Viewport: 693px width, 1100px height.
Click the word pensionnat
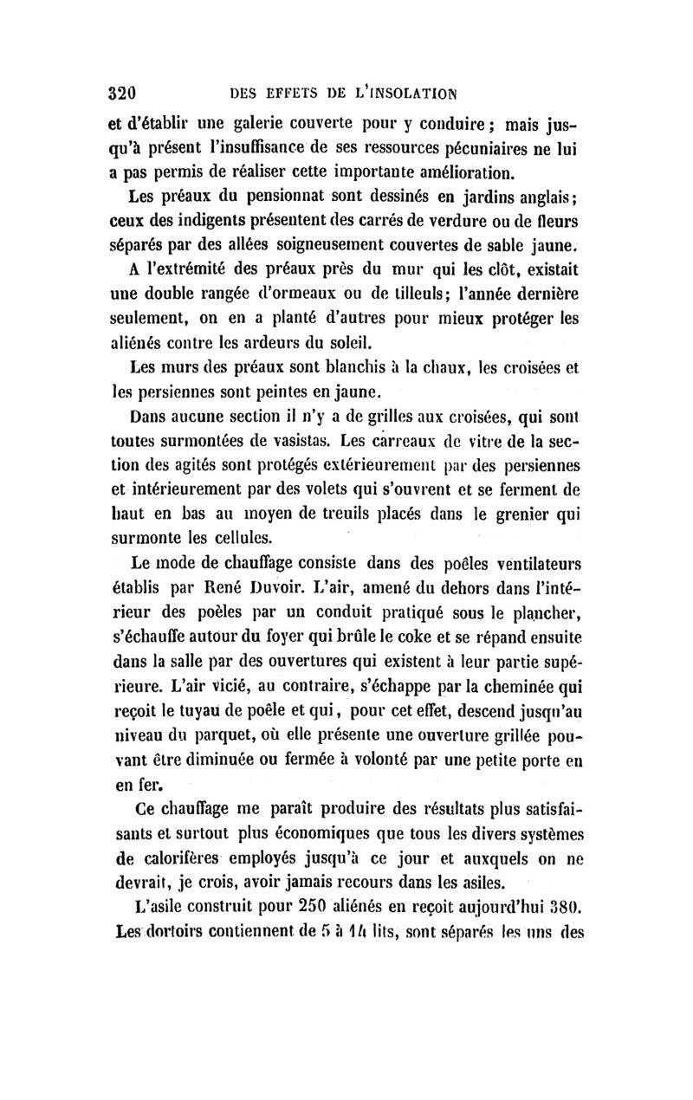click(257, 194)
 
